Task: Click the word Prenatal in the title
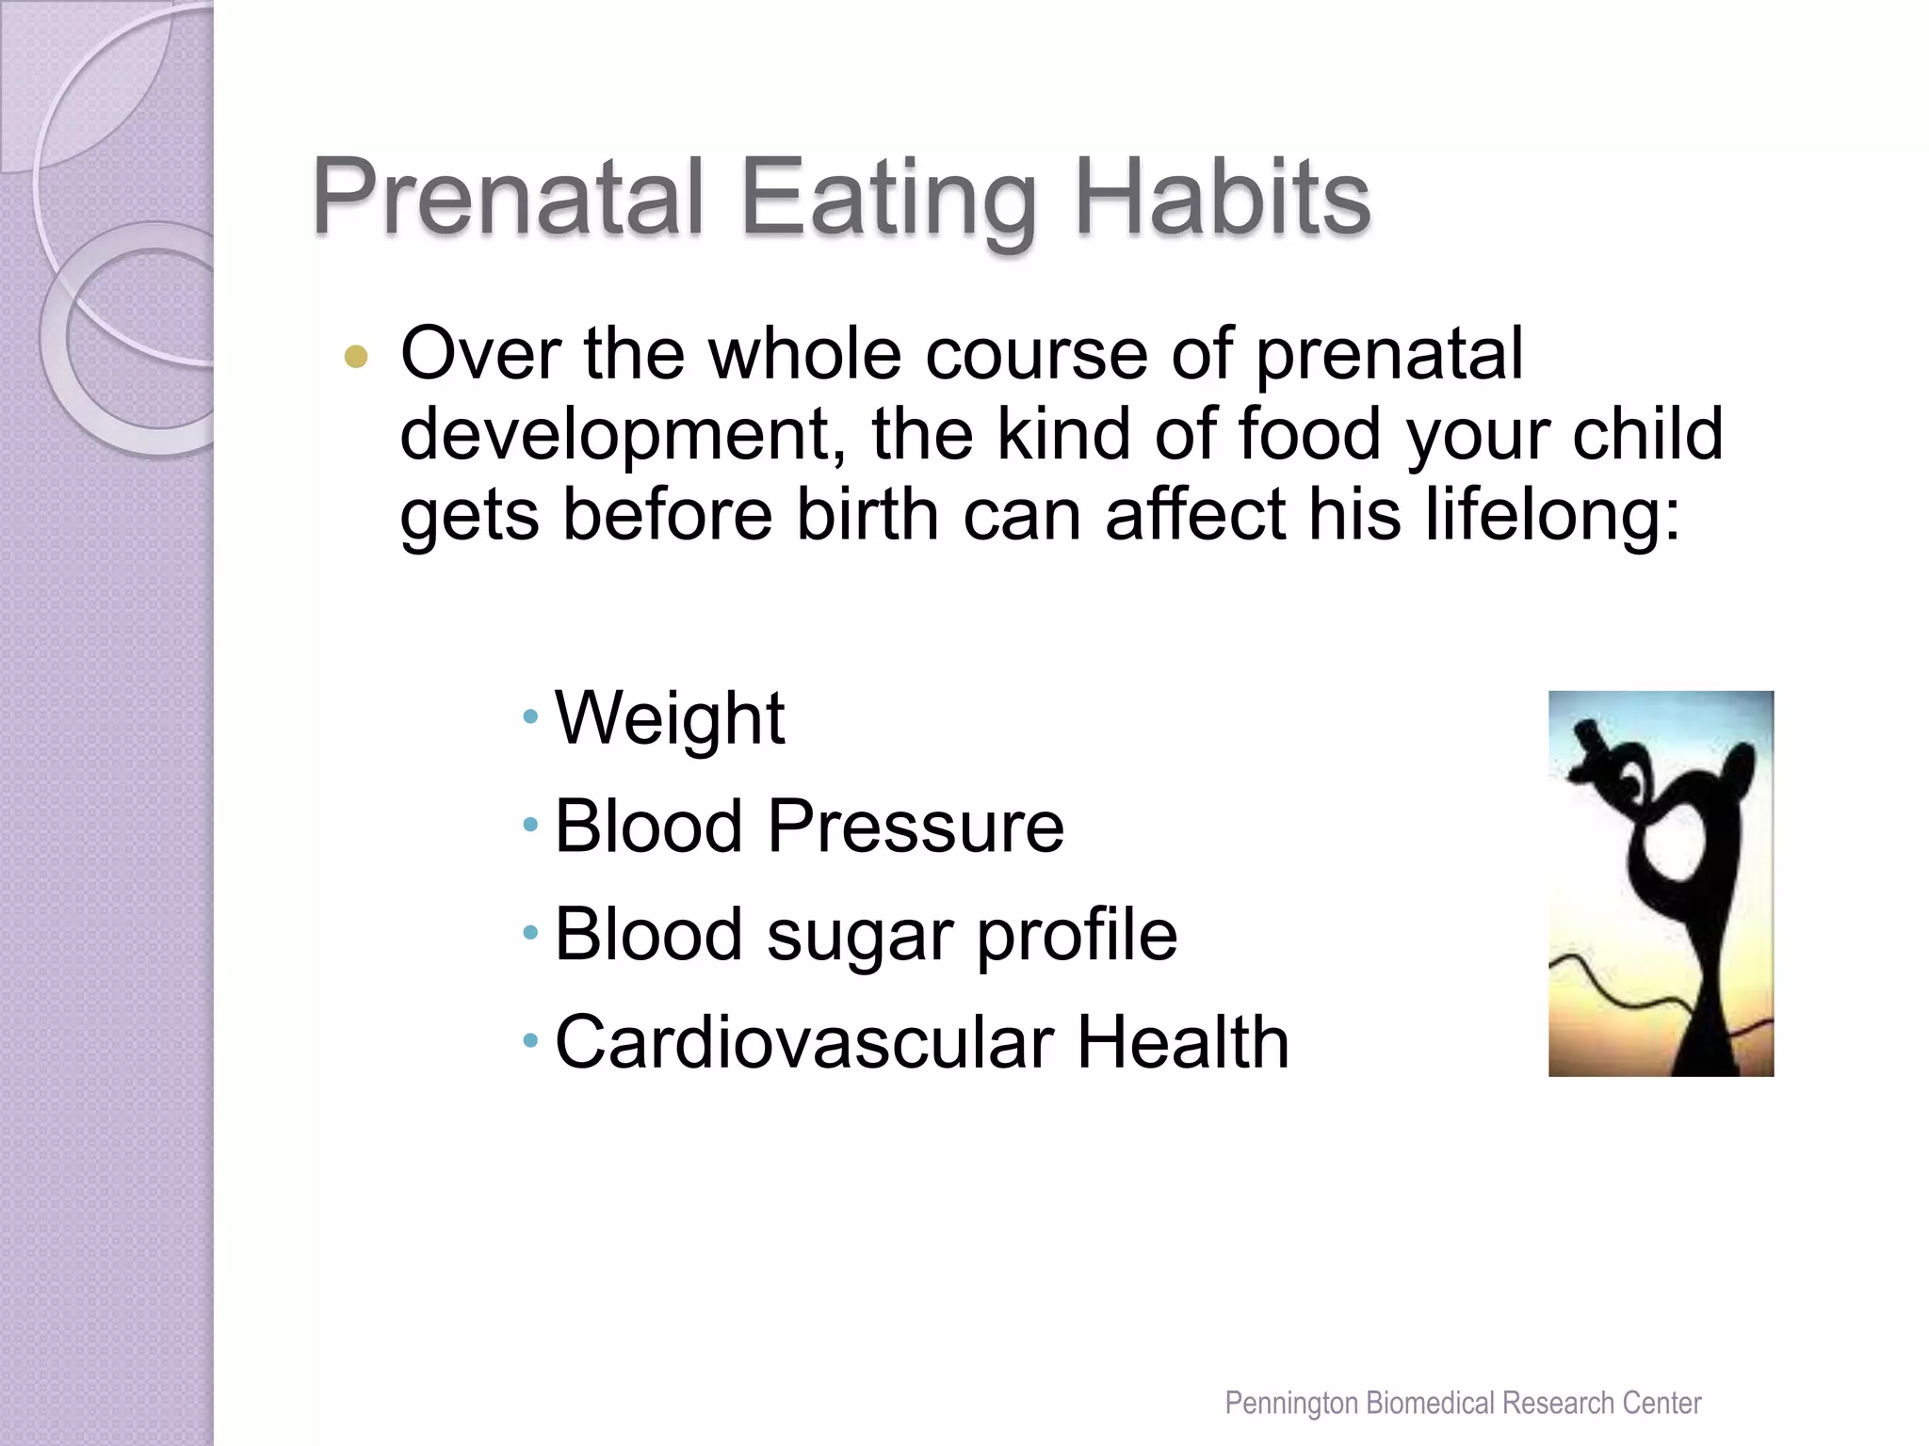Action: pos(509,198)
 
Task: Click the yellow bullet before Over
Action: pos(356,357)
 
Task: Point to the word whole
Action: pos(804,354)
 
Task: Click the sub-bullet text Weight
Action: pos(670,718)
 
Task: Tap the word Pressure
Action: pos(916,827)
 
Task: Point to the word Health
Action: pos(1183,1043)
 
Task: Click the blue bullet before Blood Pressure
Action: pos(530,826)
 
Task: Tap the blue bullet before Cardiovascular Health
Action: pos(530,1041)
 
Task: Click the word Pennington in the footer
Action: pos(1291,1404)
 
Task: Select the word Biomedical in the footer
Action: pos(1432,1404)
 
